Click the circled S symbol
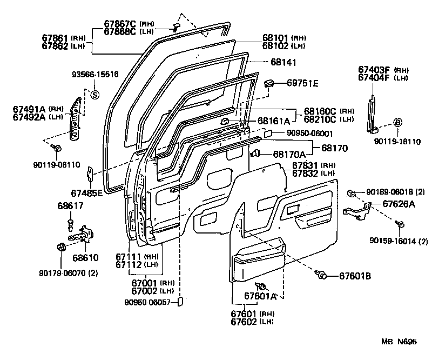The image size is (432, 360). click(x=94, y=95)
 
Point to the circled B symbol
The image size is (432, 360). click(x=397, y=123)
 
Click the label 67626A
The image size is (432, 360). click(x=399, y=204)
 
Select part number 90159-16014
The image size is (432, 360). click(x=399, y=241)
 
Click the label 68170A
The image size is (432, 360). click(x=289, y=154)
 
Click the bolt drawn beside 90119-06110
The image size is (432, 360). click(x=58, y=146)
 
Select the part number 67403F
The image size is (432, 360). click(x=374, y=69)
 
